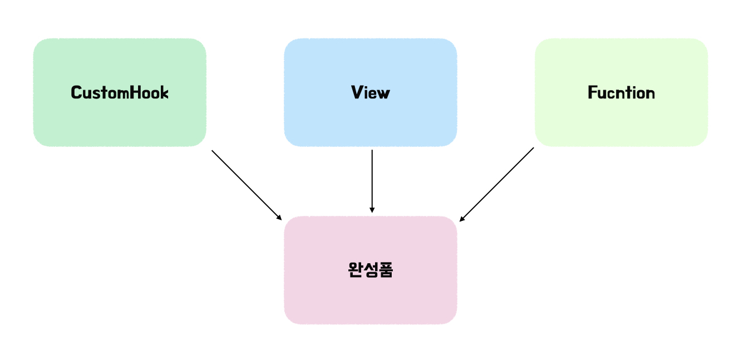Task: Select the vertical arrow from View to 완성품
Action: click(372, 179)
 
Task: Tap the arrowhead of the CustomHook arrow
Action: click(280, 217)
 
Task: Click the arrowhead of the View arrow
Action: click(372, 210)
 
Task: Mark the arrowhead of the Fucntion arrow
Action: click(462, 219)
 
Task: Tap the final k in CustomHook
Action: click(164, 92)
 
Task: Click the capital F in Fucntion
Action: click(592, 92)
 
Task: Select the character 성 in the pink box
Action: click(371, 270)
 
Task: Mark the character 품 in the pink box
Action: click(386, 270)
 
